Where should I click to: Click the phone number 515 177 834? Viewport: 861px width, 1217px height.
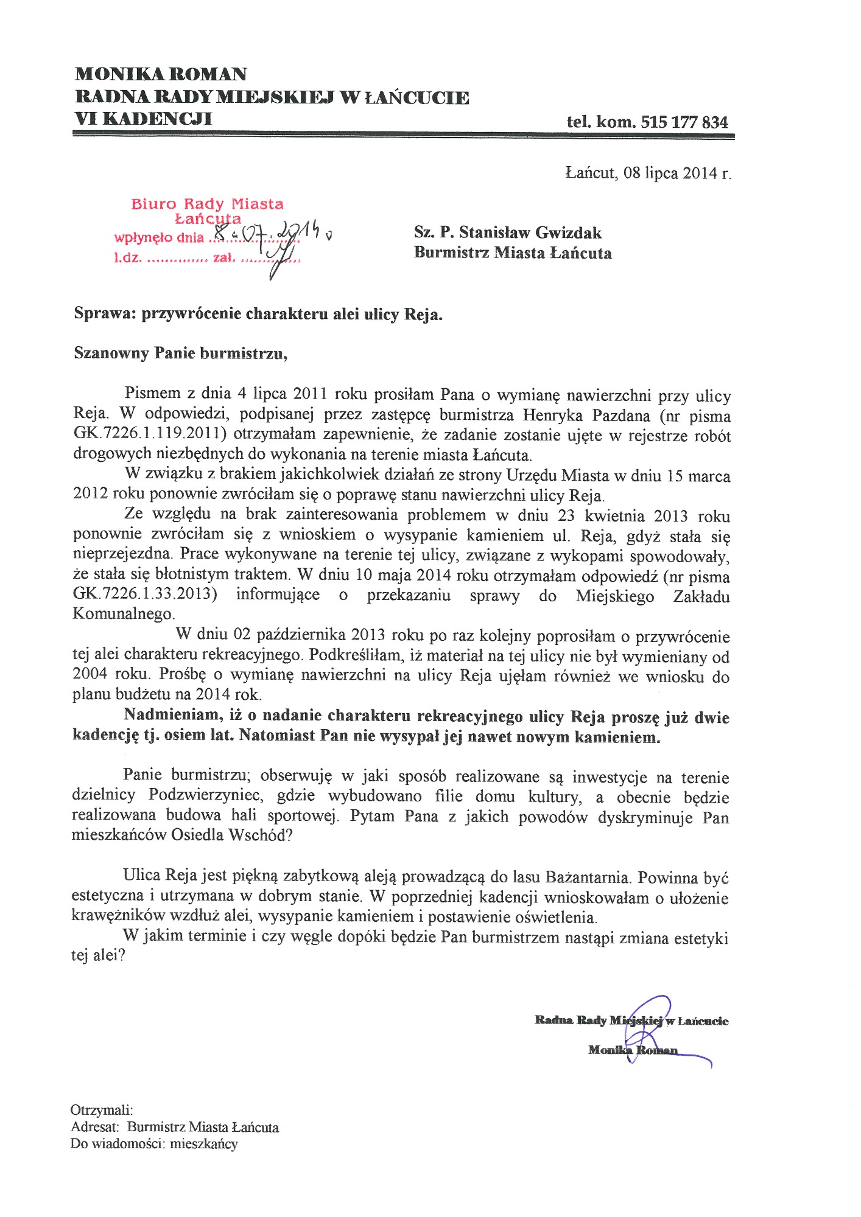pyautogui.click(x=684, y=122)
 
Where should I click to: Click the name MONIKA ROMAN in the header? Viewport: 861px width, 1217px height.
pyautogui.click(x=161, y=74)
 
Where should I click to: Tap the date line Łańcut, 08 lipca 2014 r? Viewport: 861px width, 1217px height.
pyautogui.click(x=648, y=173)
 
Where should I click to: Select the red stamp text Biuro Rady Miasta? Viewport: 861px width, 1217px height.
pyautogui.click(x=207, y=204)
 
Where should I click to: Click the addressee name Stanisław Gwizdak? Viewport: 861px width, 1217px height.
pyautogui.click(x=530, y=232)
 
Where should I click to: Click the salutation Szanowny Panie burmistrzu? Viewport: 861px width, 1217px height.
pyautogui.click(x=180, y=353)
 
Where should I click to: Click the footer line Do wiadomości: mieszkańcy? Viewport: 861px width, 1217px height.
pyautogui.click(x=154, y=1144)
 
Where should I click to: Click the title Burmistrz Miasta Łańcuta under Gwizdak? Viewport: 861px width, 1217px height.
pyautogui.click(x=513, y=253)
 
